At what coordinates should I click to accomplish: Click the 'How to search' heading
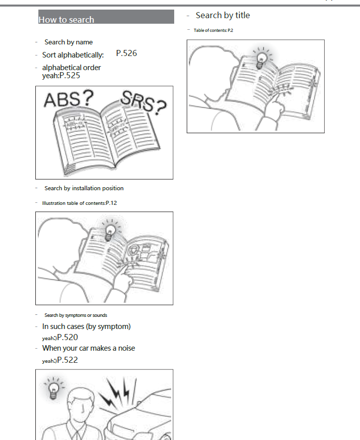[66, 20]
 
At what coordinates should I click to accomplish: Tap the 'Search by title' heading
[223, 16]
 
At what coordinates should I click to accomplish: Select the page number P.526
[126, 53]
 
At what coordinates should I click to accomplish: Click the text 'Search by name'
[69, 42]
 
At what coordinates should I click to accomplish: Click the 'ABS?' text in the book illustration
[68, 99]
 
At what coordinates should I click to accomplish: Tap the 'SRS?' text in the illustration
[143, 103]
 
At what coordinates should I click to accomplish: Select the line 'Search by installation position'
[84, 188]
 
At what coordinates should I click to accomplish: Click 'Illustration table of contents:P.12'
[80, 203]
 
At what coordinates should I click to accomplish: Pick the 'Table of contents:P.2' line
[213, 30]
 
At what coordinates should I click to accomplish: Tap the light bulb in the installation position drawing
[109, 231]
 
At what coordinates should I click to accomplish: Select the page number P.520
[67, 338]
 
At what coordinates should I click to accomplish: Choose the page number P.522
[67, 360]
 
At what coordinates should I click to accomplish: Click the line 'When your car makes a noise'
[89, 348]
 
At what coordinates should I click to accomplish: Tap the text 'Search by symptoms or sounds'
[76, 315]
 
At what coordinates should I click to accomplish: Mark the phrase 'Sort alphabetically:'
[73, 55]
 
